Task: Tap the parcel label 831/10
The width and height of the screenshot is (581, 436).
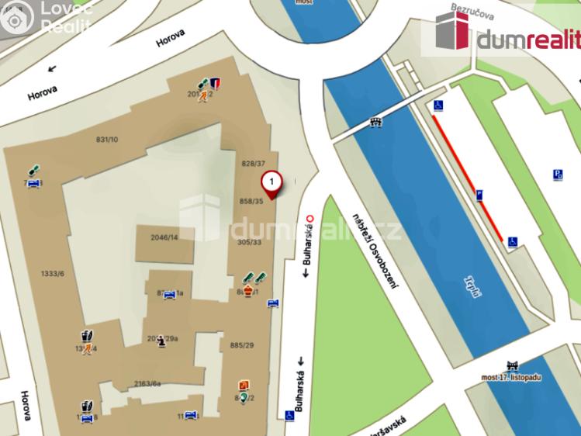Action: click(x=106, y=140)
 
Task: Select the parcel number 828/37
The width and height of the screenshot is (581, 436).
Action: click(x=254, y=164)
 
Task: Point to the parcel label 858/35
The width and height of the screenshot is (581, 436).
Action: click(x=252, y=201)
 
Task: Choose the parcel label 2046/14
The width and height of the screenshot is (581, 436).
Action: click(x=164, y=237)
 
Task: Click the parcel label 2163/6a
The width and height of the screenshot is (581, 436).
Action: click(x=147, y=383)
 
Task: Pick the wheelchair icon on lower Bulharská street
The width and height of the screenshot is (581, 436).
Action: click(x=289, y=415)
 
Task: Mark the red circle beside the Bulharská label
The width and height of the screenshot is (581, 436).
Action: click(x=310, y=218)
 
